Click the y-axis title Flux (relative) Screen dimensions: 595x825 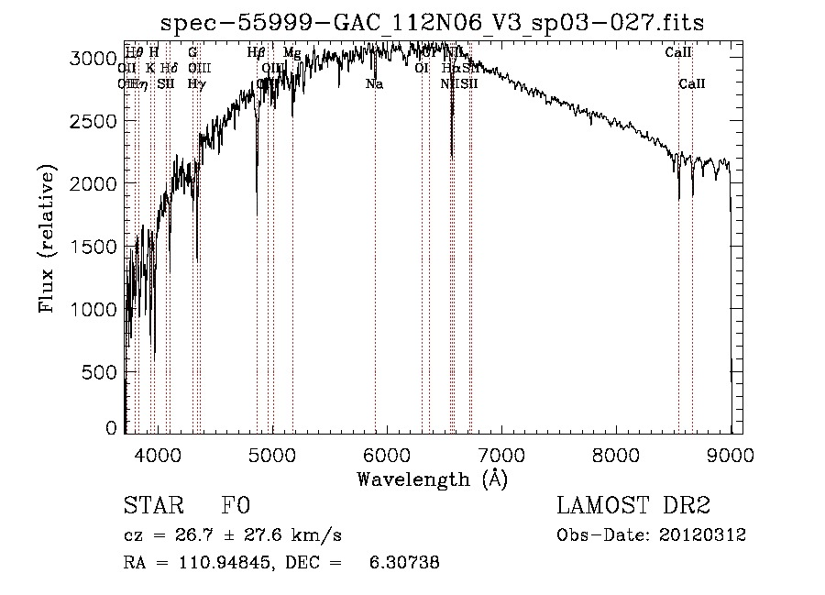tap(47, 239)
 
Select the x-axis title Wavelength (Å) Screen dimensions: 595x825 tap(433, 479)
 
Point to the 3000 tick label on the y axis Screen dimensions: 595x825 tap(93, 58)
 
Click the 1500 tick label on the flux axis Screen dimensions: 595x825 tap(93, 246)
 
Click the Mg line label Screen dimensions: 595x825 tap(291, 53)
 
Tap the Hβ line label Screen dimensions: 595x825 tap(257, 53)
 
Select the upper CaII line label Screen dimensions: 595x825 tap(678, 53)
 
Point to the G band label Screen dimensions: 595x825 tap(192, 53)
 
